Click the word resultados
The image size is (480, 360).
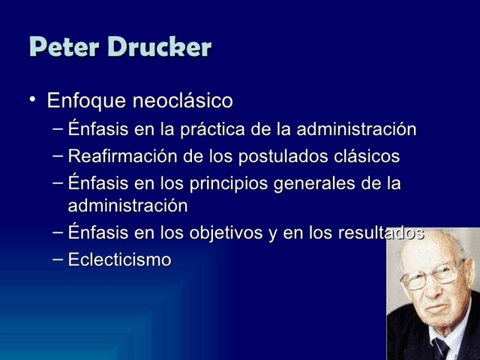(381, 233)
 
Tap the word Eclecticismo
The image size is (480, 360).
(119, 260)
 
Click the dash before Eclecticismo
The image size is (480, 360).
(58, 259)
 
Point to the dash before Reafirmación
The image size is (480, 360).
(58, 156)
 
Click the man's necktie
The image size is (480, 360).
(443, 349)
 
